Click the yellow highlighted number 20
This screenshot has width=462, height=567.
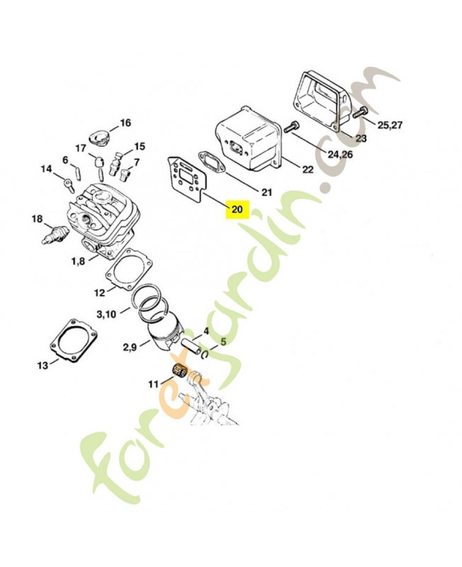pyautogui.click(x=237, y=209)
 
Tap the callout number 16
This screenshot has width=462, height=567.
pyautogui.click(x=125, y=123)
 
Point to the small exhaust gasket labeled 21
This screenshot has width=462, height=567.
pyautogui.click(x=211, y=162)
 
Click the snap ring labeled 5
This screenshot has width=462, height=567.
pyautogui.click(x=204, y=355)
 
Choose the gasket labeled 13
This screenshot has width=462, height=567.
pyautogui.click(x=74, y=341)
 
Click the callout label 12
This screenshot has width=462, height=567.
pyautogui.click(x=99, y=293)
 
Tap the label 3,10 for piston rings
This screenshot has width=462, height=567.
pyautogui.click(x=106, y=314)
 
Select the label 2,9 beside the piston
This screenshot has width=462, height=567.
pyautogui.click(x=130, y=347)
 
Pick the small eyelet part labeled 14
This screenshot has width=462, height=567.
pyautogui.click(x=69, y=183)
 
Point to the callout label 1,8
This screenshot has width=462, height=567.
pyautogui.click(x=79, y=261)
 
